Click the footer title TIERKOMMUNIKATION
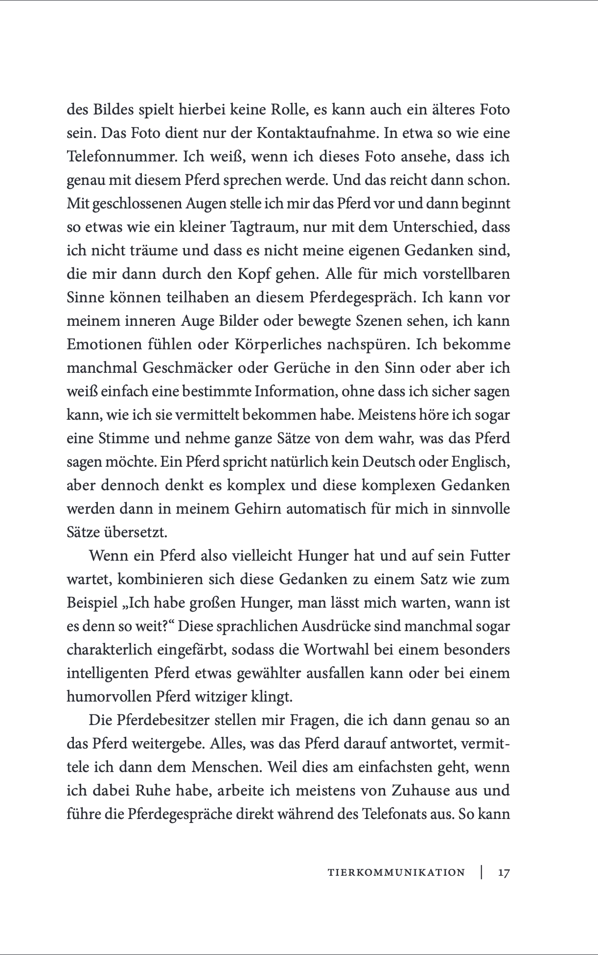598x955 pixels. [396, 872]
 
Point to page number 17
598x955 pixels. [504, 872]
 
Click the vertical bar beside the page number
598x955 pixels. [482, 872]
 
